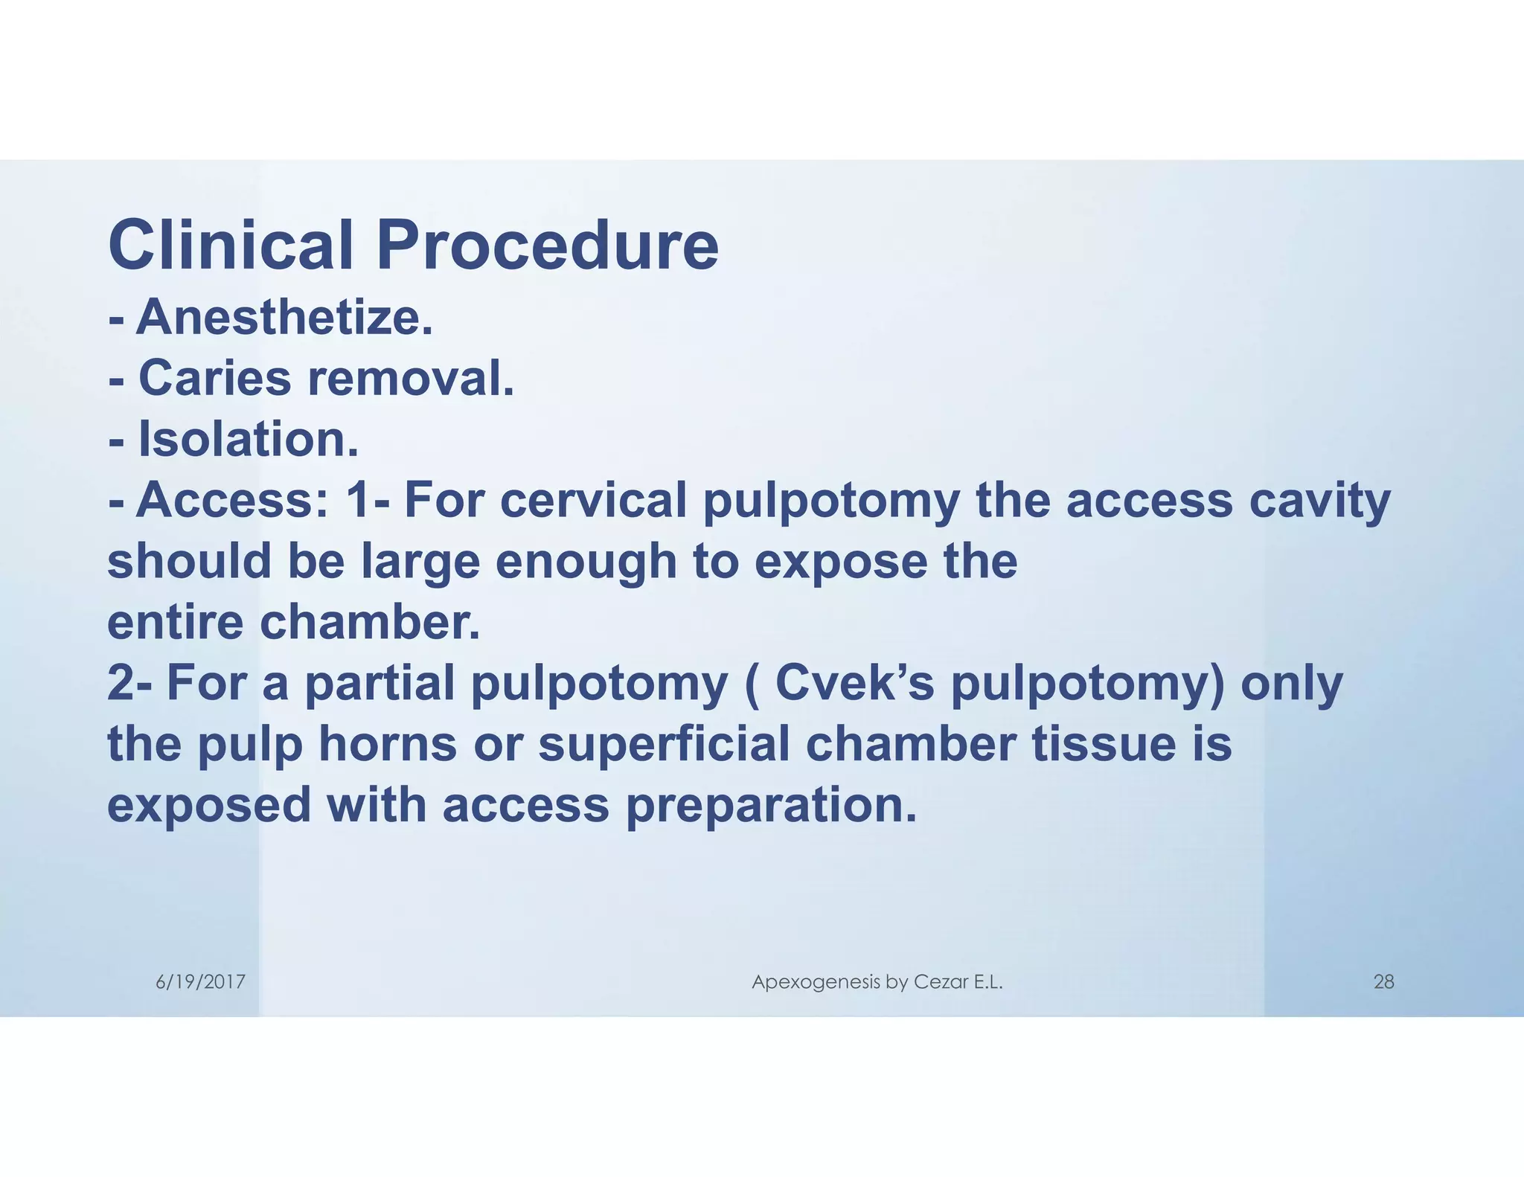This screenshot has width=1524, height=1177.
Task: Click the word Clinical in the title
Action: click(231, 246)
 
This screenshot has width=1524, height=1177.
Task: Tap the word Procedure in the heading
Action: click(547, 246)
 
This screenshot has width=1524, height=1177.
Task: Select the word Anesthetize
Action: click(284, 317)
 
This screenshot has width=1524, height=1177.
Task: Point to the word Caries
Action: click(215, 378)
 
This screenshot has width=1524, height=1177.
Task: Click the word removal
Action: click(411, 378)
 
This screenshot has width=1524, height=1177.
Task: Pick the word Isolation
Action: click(249, 439)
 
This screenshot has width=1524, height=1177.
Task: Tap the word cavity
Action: click(1319, 501)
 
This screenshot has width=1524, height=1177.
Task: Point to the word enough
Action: click(586, 562)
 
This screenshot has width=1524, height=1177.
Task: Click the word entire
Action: click(176, 622)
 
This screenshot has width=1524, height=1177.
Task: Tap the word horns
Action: click(388, 744)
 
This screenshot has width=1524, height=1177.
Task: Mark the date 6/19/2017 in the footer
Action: click(200, 982)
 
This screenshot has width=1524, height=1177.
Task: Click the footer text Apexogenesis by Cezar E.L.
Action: click(877, 982)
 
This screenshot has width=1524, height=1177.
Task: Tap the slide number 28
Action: click(1383, 982)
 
